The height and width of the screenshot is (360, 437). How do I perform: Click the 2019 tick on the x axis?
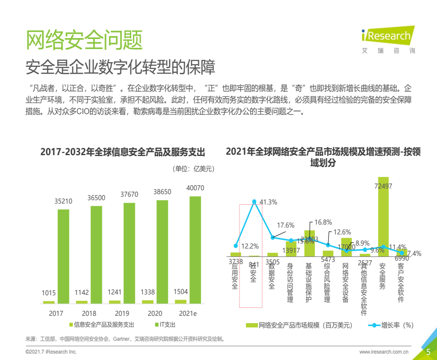122,313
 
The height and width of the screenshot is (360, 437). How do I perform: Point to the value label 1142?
81,292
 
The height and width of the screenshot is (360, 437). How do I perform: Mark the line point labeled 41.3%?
254,201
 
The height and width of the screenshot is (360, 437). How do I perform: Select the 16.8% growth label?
323,222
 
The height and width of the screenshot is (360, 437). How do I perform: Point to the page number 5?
428,352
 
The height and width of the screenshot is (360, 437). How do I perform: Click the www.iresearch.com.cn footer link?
383,352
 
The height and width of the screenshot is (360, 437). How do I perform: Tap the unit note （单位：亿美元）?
193,168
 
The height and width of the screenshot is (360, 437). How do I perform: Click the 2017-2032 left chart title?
123,153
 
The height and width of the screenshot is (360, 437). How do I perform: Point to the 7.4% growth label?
414,253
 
